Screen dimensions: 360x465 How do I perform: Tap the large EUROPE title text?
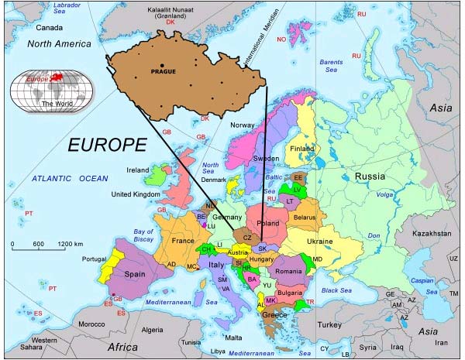(106, 145)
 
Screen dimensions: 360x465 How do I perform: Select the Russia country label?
(370, 177)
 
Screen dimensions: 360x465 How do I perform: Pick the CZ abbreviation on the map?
(247, 237)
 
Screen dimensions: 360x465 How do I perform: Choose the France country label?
(183, 241)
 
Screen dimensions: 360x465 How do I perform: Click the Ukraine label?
(320, 242)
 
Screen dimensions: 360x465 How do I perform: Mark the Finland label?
(301, 148)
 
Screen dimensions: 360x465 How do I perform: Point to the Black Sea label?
(336, 290)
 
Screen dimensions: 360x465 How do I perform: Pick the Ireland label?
(137, 170)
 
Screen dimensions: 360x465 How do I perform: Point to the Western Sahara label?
(43, 344)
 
